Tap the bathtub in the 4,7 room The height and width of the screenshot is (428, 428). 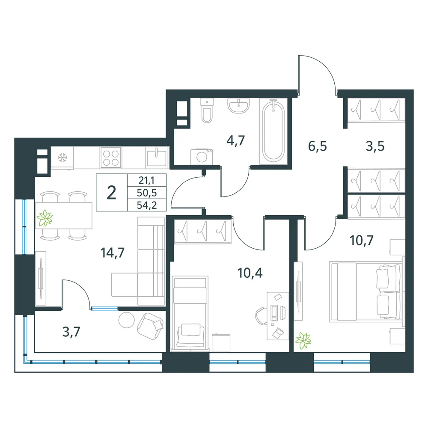[x=273, y=131]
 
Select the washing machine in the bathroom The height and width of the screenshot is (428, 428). [x=202, y=157]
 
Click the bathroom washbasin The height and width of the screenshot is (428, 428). [x=238, y=105]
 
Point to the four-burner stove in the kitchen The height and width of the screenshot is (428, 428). [x=111, y=158]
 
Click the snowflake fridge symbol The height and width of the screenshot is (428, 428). [x=62, y=158]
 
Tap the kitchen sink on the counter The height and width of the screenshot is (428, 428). [x=156, y=158]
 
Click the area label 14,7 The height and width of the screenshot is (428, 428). [x=113, y=253]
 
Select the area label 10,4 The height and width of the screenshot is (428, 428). [x=250, y=273]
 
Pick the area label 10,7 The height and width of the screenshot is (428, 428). [x=361, y=240]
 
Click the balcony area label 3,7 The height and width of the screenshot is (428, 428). [x=71, y=332]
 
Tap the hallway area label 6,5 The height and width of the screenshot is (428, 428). [x=318, y=146]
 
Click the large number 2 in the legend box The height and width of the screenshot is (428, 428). [x=112, y=193]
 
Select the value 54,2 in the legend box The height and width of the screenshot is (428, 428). [x=147, y=205]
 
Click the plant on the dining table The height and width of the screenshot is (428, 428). [x=45, y=218]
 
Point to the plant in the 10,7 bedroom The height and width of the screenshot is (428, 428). [x=303, y=341]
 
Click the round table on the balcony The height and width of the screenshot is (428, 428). [x=127, y=320]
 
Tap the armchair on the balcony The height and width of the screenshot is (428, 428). [x=150, y=326]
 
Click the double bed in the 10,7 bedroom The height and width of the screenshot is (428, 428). [x=366, y=292]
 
